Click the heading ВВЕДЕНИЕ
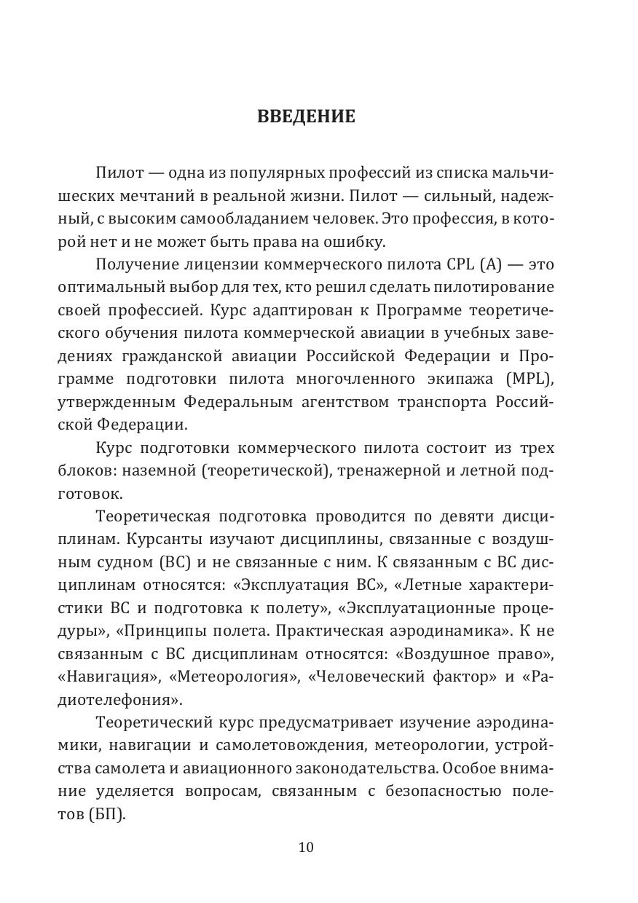(306, 117)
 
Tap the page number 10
(306, 847)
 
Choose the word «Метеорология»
(234, 677)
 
